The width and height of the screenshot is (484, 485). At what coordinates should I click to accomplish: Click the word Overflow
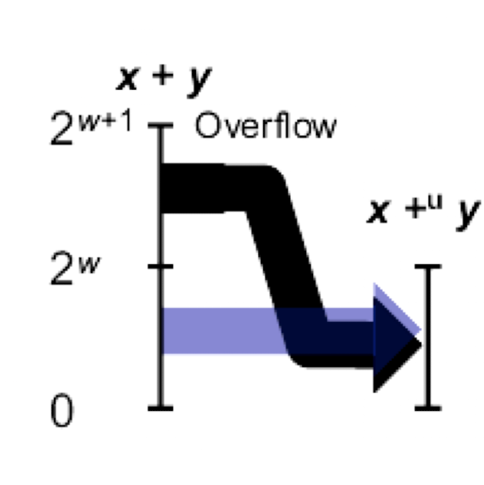click(265, 126)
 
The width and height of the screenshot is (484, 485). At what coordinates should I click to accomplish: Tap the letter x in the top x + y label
click(129, 78)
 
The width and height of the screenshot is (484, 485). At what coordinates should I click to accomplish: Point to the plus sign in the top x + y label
click(163, 79)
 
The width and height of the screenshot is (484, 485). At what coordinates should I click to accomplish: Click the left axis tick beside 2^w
click(161, 267)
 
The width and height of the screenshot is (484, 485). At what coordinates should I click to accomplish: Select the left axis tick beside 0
click(161, 407)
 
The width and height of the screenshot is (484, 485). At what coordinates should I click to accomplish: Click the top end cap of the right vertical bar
click(427, 267)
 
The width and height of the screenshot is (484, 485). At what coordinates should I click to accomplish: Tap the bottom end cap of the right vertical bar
click(427, 407)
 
